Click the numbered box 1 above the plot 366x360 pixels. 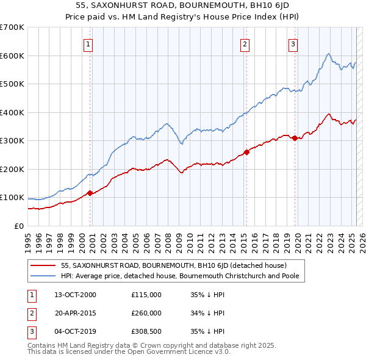coord(88,44)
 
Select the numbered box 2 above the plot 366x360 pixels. coord(245,44)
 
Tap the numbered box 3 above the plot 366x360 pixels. coord(293,44)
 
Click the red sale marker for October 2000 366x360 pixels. coord(90,193)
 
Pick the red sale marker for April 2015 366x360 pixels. coord(246,152)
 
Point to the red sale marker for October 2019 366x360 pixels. coord(295,138)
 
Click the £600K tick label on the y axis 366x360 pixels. coord(12,56)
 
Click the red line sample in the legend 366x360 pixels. coord(43,265)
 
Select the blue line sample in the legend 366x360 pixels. coord(43,275)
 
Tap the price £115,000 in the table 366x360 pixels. coord(146,295)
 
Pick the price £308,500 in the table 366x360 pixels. coord(146,331)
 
